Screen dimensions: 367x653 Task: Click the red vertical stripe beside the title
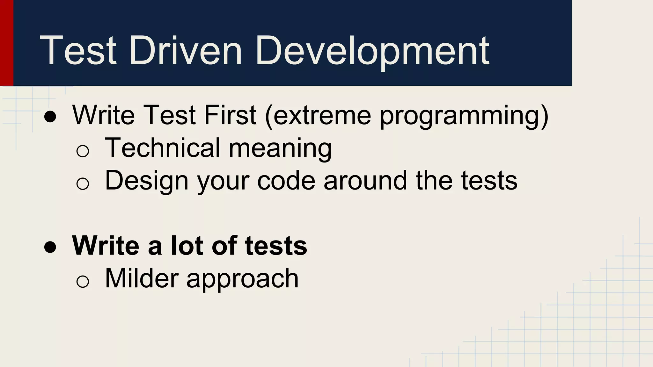click(6, 43)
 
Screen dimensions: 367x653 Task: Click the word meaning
click(281, 148)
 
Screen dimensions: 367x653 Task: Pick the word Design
click(147, 181)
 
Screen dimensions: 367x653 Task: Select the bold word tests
click(276, 246)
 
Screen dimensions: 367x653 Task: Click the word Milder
click(142, 278)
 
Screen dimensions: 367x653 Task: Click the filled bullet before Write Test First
click(50, 117)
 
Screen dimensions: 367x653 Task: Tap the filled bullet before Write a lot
click(50, 247)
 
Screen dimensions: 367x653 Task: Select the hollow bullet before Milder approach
click(83, 281)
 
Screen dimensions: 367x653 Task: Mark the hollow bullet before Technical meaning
click(83, 151)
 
